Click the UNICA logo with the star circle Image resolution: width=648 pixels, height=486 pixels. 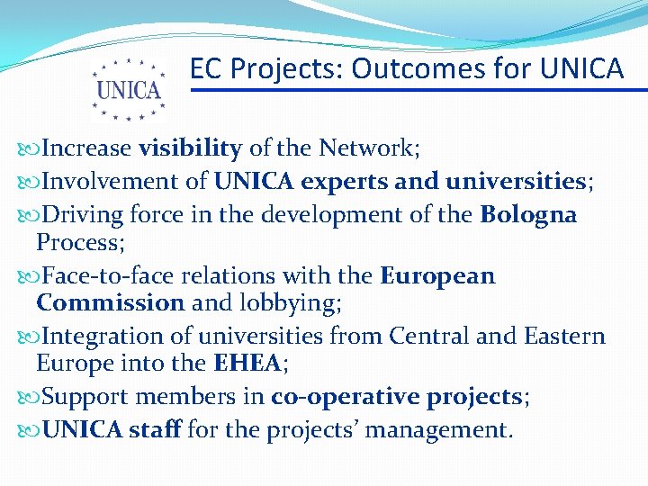(129, 89)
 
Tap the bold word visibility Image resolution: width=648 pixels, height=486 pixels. (190, 148)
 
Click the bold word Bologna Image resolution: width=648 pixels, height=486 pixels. (528, 215)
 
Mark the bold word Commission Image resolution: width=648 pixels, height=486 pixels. (111, 302)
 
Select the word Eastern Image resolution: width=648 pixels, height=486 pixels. (562, 337)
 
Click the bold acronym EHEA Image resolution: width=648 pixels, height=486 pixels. (248, 364)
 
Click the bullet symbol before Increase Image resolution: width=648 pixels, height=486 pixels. (31, 148)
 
